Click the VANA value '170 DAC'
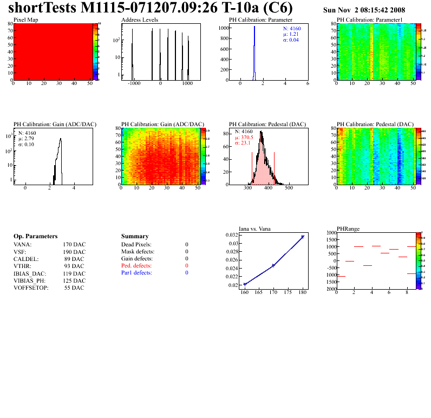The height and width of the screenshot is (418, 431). coord(74,245)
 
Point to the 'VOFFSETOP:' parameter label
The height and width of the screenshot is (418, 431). coord(31,288)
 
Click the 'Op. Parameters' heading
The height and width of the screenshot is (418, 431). coord(35,237)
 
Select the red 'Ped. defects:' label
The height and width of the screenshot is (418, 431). coord(136,266)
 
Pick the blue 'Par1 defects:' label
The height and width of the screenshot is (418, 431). coord(136,273)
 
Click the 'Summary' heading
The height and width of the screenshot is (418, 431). coord(135,237)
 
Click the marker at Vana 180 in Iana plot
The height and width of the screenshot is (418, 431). coord(303,237)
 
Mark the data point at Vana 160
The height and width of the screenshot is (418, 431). coord(245,284)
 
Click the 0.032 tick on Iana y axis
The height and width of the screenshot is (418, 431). coord(231,235)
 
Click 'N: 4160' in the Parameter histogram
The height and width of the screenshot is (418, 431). coord(292,28)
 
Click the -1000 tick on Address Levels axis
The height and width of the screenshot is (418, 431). coord(133,84)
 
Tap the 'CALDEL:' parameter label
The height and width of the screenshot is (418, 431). coord(25,259)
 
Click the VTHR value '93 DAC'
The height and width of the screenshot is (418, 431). coord(74,266)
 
